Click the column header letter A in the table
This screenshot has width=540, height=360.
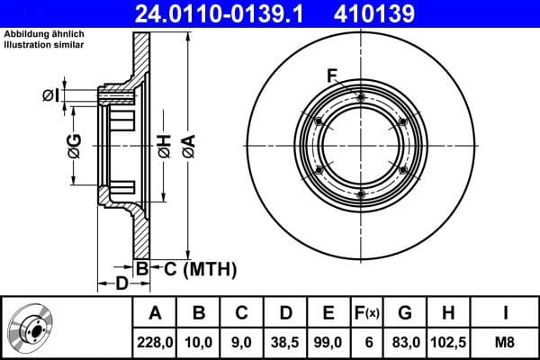[x=155, y=314]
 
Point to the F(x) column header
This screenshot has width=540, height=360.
[x=367, y=314]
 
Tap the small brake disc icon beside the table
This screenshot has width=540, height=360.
[x=31, y=328]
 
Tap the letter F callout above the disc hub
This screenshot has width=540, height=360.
[x=332, y=74]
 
